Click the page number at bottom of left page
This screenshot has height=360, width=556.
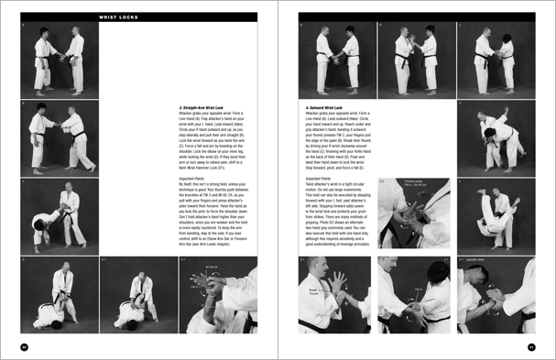25,346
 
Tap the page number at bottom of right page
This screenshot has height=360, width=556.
531,346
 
